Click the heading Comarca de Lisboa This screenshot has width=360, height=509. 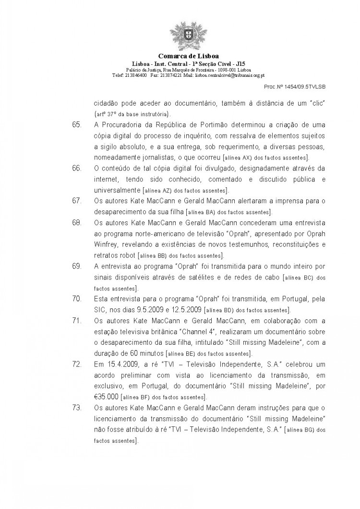click(180, 57)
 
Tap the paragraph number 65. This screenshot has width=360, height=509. click(76, 125)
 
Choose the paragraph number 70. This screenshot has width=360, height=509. click(76, 298)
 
